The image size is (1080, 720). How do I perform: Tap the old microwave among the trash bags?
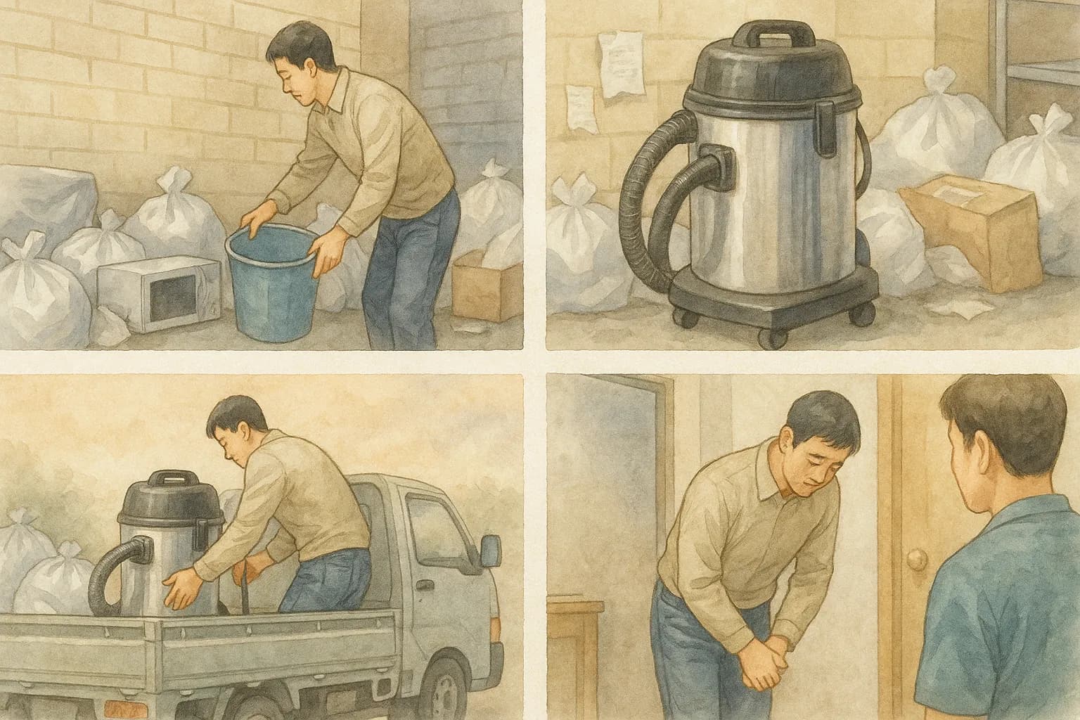click(158, 292)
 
